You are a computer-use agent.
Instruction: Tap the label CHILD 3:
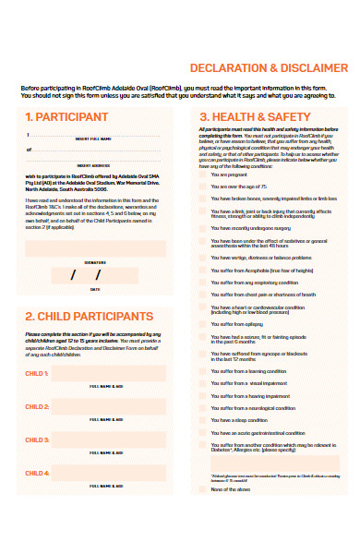37,440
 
